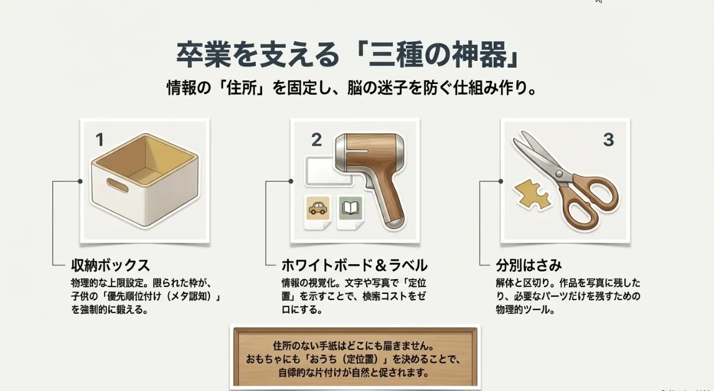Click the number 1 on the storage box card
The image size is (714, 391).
(x=100, y=140)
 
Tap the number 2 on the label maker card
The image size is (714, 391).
(x=316, y=140)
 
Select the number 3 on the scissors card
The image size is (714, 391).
(x=608, y=140)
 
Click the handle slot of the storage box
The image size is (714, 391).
(x=117, y=185)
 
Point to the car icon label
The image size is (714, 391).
(x=318, y=209)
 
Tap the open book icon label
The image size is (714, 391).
(x=350, y=209)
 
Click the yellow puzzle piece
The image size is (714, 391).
(x=533, y=194)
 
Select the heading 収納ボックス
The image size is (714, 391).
(x=110, y=265)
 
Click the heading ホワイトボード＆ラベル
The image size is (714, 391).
(x=354, y=265)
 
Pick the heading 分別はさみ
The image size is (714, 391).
(x=528, y=265)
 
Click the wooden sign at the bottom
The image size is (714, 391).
(x=355, y=357)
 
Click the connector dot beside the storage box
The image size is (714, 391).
(x=80, y=181)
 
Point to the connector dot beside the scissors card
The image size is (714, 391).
(x=501, y=181)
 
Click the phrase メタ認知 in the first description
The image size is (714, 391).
(x=195, y=296)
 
